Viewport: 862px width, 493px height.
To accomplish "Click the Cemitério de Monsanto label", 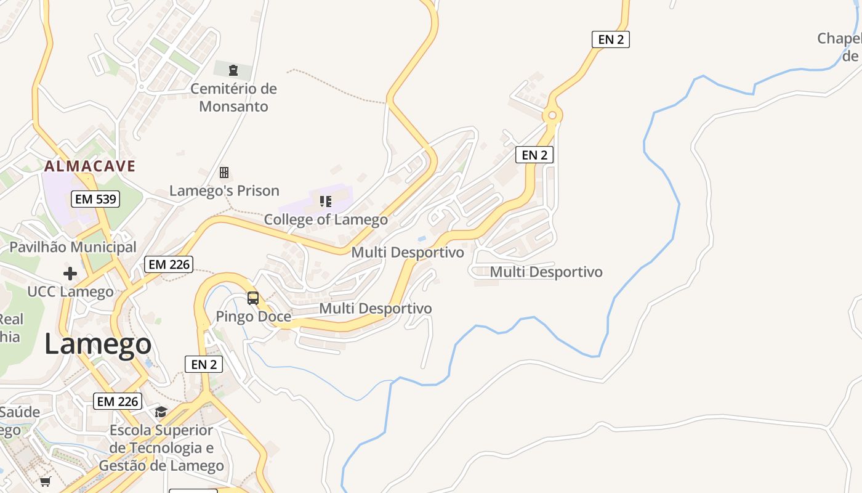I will pos(233,97).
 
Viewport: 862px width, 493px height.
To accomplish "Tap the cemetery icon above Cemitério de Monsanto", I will pos(233,70).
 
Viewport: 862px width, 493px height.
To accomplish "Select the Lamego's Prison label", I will pos(224,190).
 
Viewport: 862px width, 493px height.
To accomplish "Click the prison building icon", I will pos(224,173).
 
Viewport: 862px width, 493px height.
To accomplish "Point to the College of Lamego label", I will pos(326,219).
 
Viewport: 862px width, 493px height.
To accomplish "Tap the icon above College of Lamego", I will pos(326,201).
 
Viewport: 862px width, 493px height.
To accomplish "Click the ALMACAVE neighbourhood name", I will pos(90,166).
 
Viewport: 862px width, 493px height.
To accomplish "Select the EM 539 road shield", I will pos(95,199).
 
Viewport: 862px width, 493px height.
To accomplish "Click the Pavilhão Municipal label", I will pos(73,247).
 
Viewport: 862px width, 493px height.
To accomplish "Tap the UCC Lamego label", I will pos(70,291).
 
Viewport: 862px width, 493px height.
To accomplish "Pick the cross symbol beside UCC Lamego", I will pos(70,273).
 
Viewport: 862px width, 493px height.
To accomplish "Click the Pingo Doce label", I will pos(253,317).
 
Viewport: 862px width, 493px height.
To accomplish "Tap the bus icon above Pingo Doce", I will pos(253,298).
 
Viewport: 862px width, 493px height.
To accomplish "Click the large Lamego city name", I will pos(98,344).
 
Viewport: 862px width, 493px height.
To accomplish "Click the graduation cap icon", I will pos(161,412).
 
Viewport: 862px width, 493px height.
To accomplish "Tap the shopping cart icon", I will pos(46,481).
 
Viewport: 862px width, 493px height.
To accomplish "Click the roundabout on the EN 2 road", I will pos(552,115).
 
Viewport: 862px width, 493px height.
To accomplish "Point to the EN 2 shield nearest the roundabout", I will pos(534,155).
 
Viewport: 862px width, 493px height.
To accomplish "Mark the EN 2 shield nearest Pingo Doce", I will pos(204,364).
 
